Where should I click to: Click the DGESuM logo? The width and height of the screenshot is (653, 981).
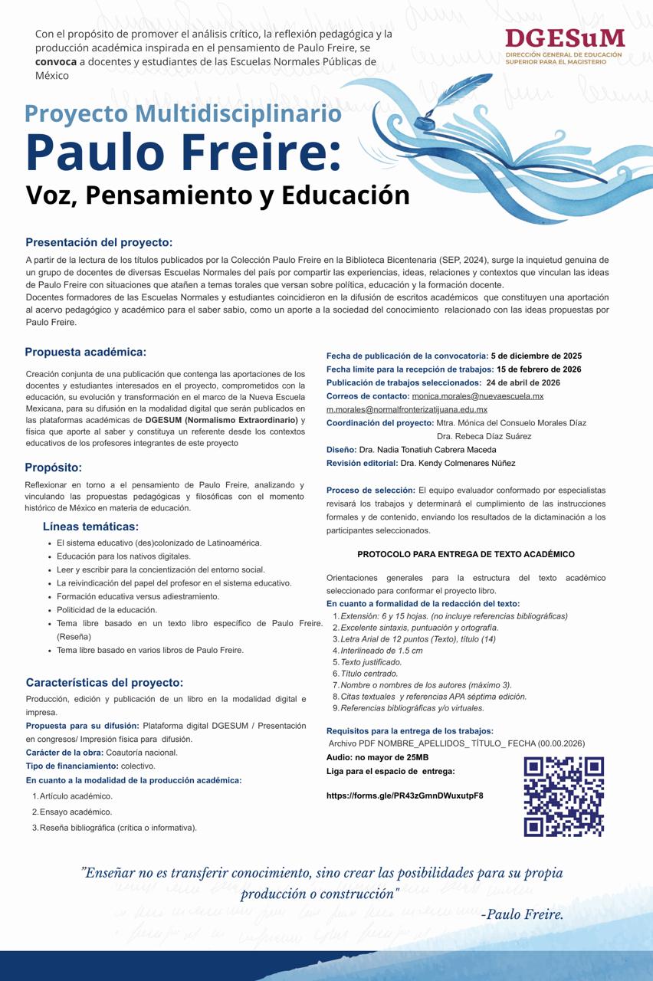(x=564, y=46)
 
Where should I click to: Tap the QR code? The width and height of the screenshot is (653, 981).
(x=563, y=796)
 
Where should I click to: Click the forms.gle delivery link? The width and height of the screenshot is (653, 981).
(x=405, y=796)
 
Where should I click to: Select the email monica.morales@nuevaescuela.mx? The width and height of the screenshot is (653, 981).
(x=477, y=396)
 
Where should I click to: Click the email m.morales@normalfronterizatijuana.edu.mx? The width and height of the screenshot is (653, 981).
(x=406, y=409)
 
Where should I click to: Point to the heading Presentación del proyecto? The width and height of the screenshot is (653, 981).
(x=99, y=242)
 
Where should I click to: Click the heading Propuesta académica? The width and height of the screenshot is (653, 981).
(x=85, y=352)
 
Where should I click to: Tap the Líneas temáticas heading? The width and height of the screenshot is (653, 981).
(x=90, y=527)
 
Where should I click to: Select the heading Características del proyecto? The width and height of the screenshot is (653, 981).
(x=104, y=682)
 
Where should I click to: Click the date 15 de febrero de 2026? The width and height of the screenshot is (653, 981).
(x=539, y=369)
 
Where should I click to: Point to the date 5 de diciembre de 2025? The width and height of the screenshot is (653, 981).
(x=537, y=356)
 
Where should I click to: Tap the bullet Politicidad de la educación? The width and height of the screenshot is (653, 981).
(x=107, y=610)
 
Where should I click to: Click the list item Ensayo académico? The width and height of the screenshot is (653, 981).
(x=76, y=812)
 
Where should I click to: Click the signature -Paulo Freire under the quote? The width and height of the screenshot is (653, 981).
(x=522, y=914)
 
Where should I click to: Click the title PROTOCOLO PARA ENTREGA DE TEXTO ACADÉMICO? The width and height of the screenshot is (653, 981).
(x=466, y=554)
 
